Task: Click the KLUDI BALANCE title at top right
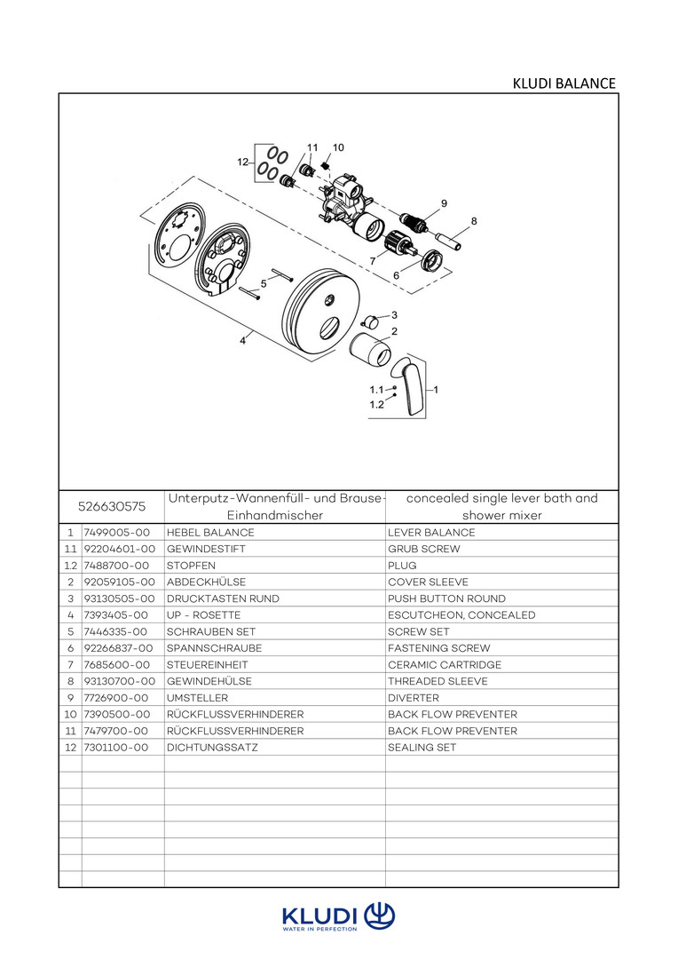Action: click(564, 83)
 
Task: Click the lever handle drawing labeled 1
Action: click(411, 387)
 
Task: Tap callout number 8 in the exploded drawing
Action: click(474, 221)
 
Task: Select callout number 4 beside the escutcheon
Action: click(242, 339)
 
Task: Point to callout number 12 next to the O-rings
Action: click(242, 162)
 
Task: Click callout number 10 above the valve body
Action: click(338, 147)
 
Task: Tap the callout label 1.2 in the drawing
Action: click(376, 404)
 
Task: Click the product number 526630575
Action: click(112, 506)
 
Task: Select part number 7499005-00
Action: click(115, 533)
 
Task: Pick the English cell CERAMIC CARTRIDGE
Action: click(444, 665)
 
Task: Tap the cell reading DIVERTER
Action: click(414, 698)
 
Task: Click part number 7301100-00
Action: click(115, 748)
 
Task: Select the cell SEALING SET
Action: click(422, 748)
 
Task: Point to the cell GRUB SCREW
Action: click(423, 550)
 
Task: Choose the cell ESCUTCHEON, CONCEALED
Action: click(461, 615)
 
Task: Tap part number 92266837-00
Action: click(119, 648)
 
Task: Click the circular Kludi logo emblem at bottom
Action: click(380, 915)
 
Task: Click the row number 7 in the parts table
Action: click(69, 665)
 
